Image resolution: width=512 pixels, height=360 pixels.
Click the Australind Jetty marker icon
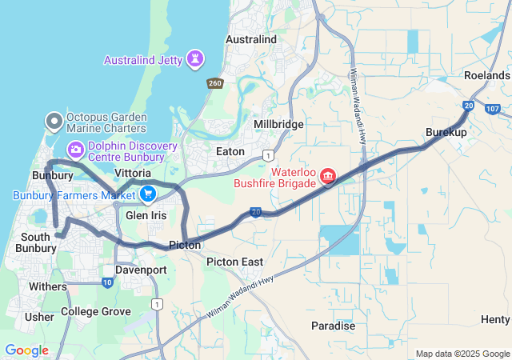[194, 59]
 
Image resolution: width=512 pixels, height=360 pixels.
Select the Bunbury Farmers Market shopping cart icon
[147, 194]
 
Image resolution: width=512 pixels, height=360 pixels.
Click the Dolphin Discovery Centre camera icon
[76, 149]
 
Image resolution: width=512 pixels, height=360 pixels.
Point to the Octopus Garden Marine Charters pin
[54, 122]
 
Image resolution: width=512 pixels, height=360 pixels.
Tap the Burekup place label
[446, 131]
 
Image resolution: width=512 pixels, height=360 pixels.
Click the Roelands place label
[486, 75]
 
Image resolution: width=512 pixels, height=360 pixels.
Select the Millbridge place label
[278, 125]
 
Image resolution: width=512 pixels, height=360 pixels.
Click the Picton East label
[234, 262]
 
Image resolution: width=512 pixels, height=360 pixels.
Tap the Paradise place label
[333, 326]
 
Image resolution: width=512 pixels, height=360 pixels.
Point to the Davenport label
[141, 270]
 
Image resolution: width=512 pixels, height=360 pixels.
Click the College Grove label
[95, 311]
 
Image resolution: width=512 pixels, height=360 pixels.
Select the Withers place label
[48, 286]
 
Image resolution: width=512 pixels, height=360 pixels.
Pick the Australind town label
[251, 38]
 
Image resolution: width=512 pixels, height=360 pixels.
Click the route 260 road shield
[214, 82]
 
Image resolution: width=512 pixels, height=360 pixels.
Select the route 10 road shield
[108, 282]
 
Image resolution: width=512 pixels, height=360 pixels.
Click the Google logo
[26, 350]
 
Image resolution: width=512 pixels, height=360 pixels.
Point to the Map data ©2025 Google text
[462, 354]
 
